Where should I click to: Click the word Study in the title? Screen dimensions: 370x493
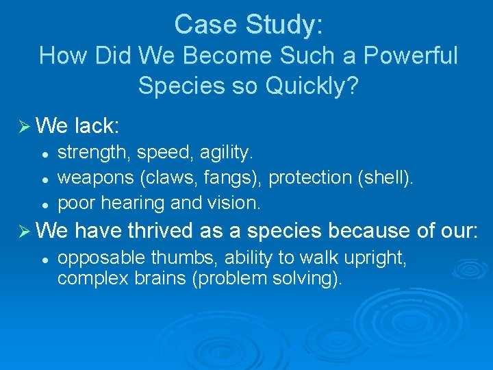(281, 25)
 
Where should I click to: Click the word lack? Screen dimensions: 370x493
(96, 125)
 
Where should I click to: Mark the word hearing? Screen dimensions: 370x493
(125, 203)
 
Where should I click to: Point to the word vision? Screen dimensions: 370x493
(233, 203)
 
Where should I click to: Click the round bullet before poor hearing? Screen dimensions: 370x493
(43, 204)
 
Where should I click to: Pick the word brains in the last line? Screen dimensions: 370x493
(153, 280)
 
